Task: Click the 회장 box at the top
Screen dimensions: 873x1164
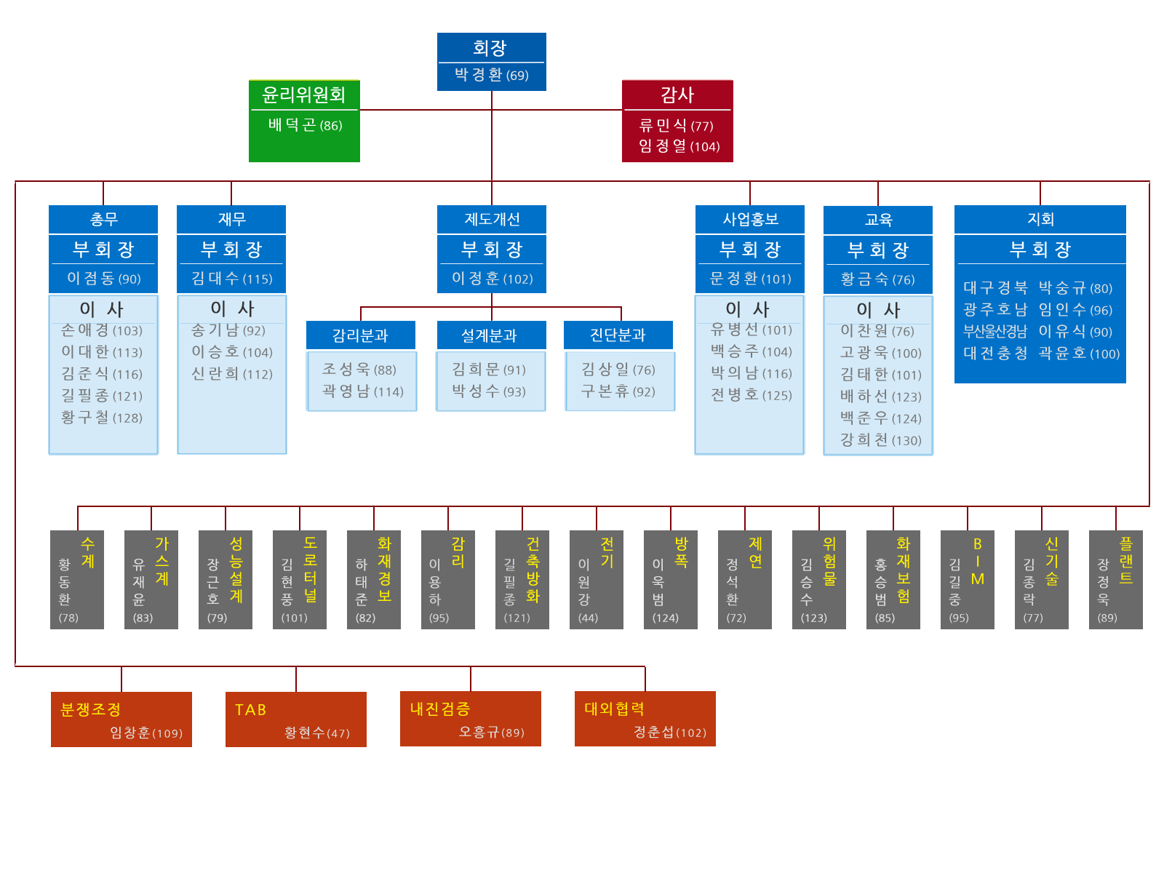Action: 491,61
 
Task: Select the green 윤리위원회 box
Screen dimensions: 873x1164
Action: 304,121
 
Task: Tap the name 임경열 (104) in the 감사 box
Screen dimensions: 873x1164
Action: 679,146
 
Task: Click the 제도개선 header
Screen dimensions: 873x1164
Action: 492,219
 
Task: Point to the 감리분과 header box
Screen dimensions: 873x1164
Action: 360,335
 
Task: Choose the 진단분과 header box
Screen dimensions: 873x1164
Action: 618,335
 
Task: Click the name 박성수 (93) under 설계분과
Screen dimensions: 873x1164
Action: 488,391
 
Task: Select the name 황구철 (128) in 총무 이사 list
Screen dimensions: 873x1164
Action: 102,418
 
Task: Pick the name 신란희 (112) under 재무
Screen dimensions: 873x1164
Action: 231,374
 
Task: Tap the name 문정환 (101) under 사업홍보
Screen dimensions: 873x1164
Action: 750,279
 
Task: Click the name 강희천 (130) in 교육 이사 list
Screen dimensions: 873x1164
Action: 880,440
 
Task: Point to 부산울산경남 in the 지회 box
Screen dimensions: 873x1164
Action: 994,332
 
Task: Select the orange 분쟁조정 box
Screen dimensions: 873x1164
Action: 121,719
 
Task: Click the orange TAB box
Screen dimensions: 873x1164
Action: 295,719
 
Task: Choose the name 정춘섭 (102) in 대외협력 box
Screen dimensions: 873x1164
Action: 669,733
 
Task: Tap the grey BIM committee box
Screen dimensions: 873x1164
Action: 967,579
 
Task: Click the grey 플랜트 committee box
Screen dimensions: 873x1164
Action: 1115,579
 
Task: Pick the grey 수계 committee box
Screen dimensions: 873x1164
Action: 77,579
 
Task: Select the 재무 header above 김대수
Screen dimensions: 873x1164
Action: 231,219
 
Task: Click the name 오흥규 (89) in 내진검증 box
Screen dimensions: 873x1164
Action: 491,733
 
